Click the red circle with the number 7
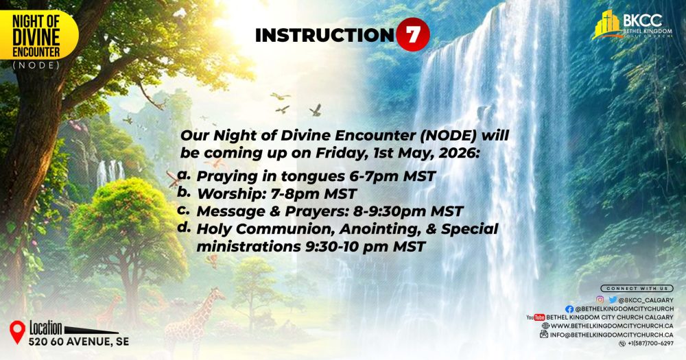[x=413, y=36]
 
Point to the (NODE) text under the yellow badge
[x=36, y=66]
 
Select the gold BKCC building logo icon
[x=607, y=24]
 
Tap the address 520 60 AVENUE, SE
[x=78, y=341]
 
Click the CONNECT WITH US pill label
[x=637, y=289]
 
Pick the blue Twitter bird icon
[x=612, y=300]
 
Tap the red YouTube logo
[x=535, y=317]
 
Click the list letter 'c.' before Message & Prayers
[x=183, y=210]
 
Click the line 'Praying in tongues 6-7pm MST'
[x=316, y=176]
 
